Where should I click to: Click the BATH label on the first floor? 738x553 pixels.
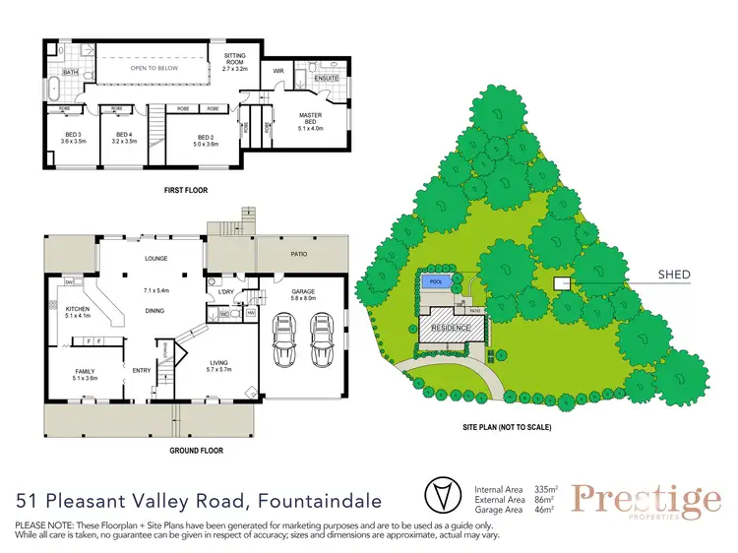70,72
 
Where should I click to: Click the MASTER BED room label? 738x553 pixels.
310,119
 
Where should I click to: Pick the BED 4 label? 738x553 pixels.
123,137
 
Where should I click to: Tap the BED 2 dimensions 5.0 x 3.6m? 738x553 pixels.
206,143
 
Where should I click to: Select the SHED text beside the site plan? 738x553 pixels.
676,275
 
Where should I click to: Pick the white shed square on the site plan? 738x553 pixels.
561,283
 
